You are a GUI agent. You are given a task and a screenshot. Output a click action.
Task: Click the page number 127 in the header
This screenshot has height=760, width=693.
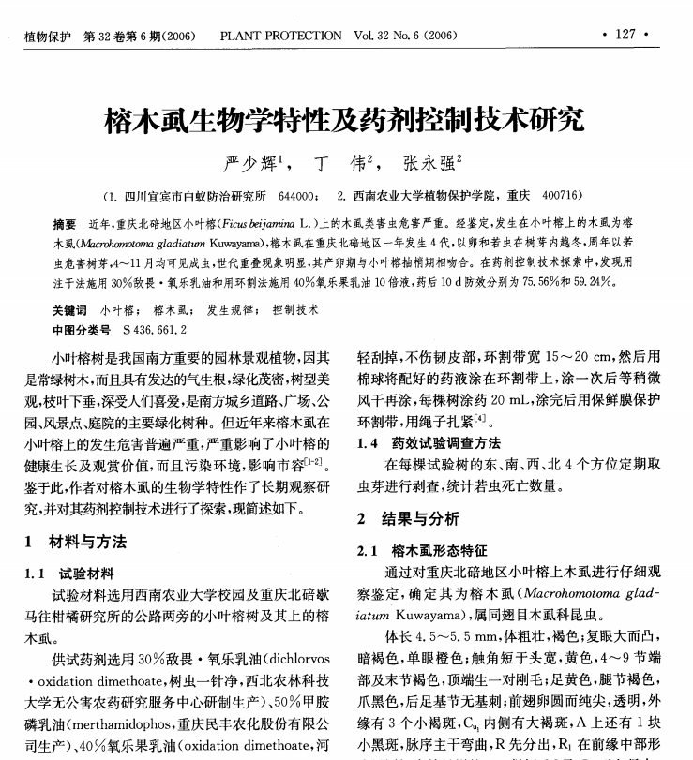coord(625,36)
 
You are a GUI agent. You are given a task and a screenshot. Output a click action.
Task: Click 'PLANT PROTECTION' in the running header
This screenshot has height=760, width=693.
coord(280,37)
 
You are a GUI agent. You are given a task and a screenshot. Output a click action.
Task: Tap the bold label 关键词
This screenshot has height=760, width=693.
coord(69,309)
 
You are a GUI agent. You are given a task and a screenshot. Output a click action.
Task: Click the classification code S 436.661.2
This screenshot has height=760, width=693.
coord(149,329)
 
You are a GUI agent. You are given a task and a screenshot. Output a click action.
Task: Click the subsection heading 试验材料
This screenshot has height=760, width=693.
coord(86,573)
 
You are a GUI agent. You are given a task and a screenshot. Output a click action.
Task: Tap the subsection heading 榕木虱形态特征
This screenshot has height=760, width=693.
coord(440,550)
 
